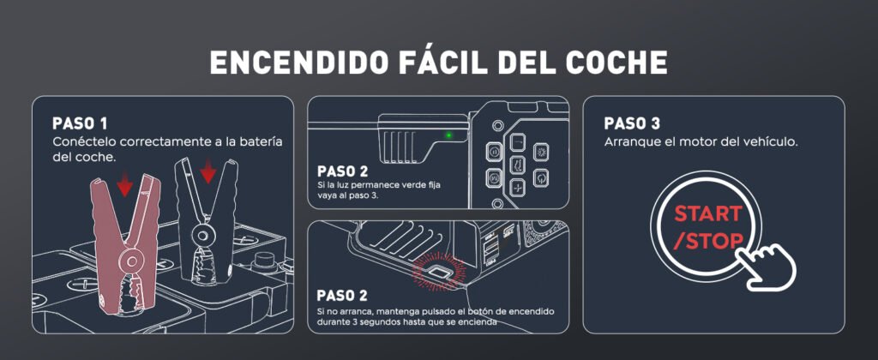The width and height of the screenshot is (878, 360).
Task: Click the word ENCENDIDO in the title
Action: coord(298,63)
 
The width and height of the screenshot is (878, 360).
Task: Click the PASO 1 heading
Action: coord(80,123)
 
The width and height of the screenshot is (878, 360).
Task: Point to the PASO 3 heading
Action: coord(632,123)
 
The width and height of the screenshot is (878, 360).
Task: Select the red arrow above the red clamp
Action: coord(125,183)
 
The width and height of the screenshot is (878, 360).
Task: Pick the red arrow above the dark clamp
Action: coord(208,171)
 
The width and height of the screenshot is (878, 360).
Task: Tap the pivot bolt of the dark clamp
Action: coord(202,232)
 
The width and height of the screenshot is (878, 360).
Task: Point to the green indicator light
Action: coord(448,135)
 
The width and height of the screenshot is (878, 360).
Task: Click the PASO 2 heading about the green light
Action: coord(342,171)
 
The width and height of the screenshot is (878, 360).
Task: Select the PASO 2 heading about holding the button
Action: coord(342,295)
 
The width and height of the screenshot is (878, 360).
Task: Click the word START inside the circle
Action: coord(708,213)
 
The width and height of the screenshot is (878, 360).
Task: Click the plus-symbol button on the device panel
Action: coord(518,188)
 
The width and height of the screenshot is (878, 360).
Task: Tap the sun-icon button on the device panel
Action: coord(541,151)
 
